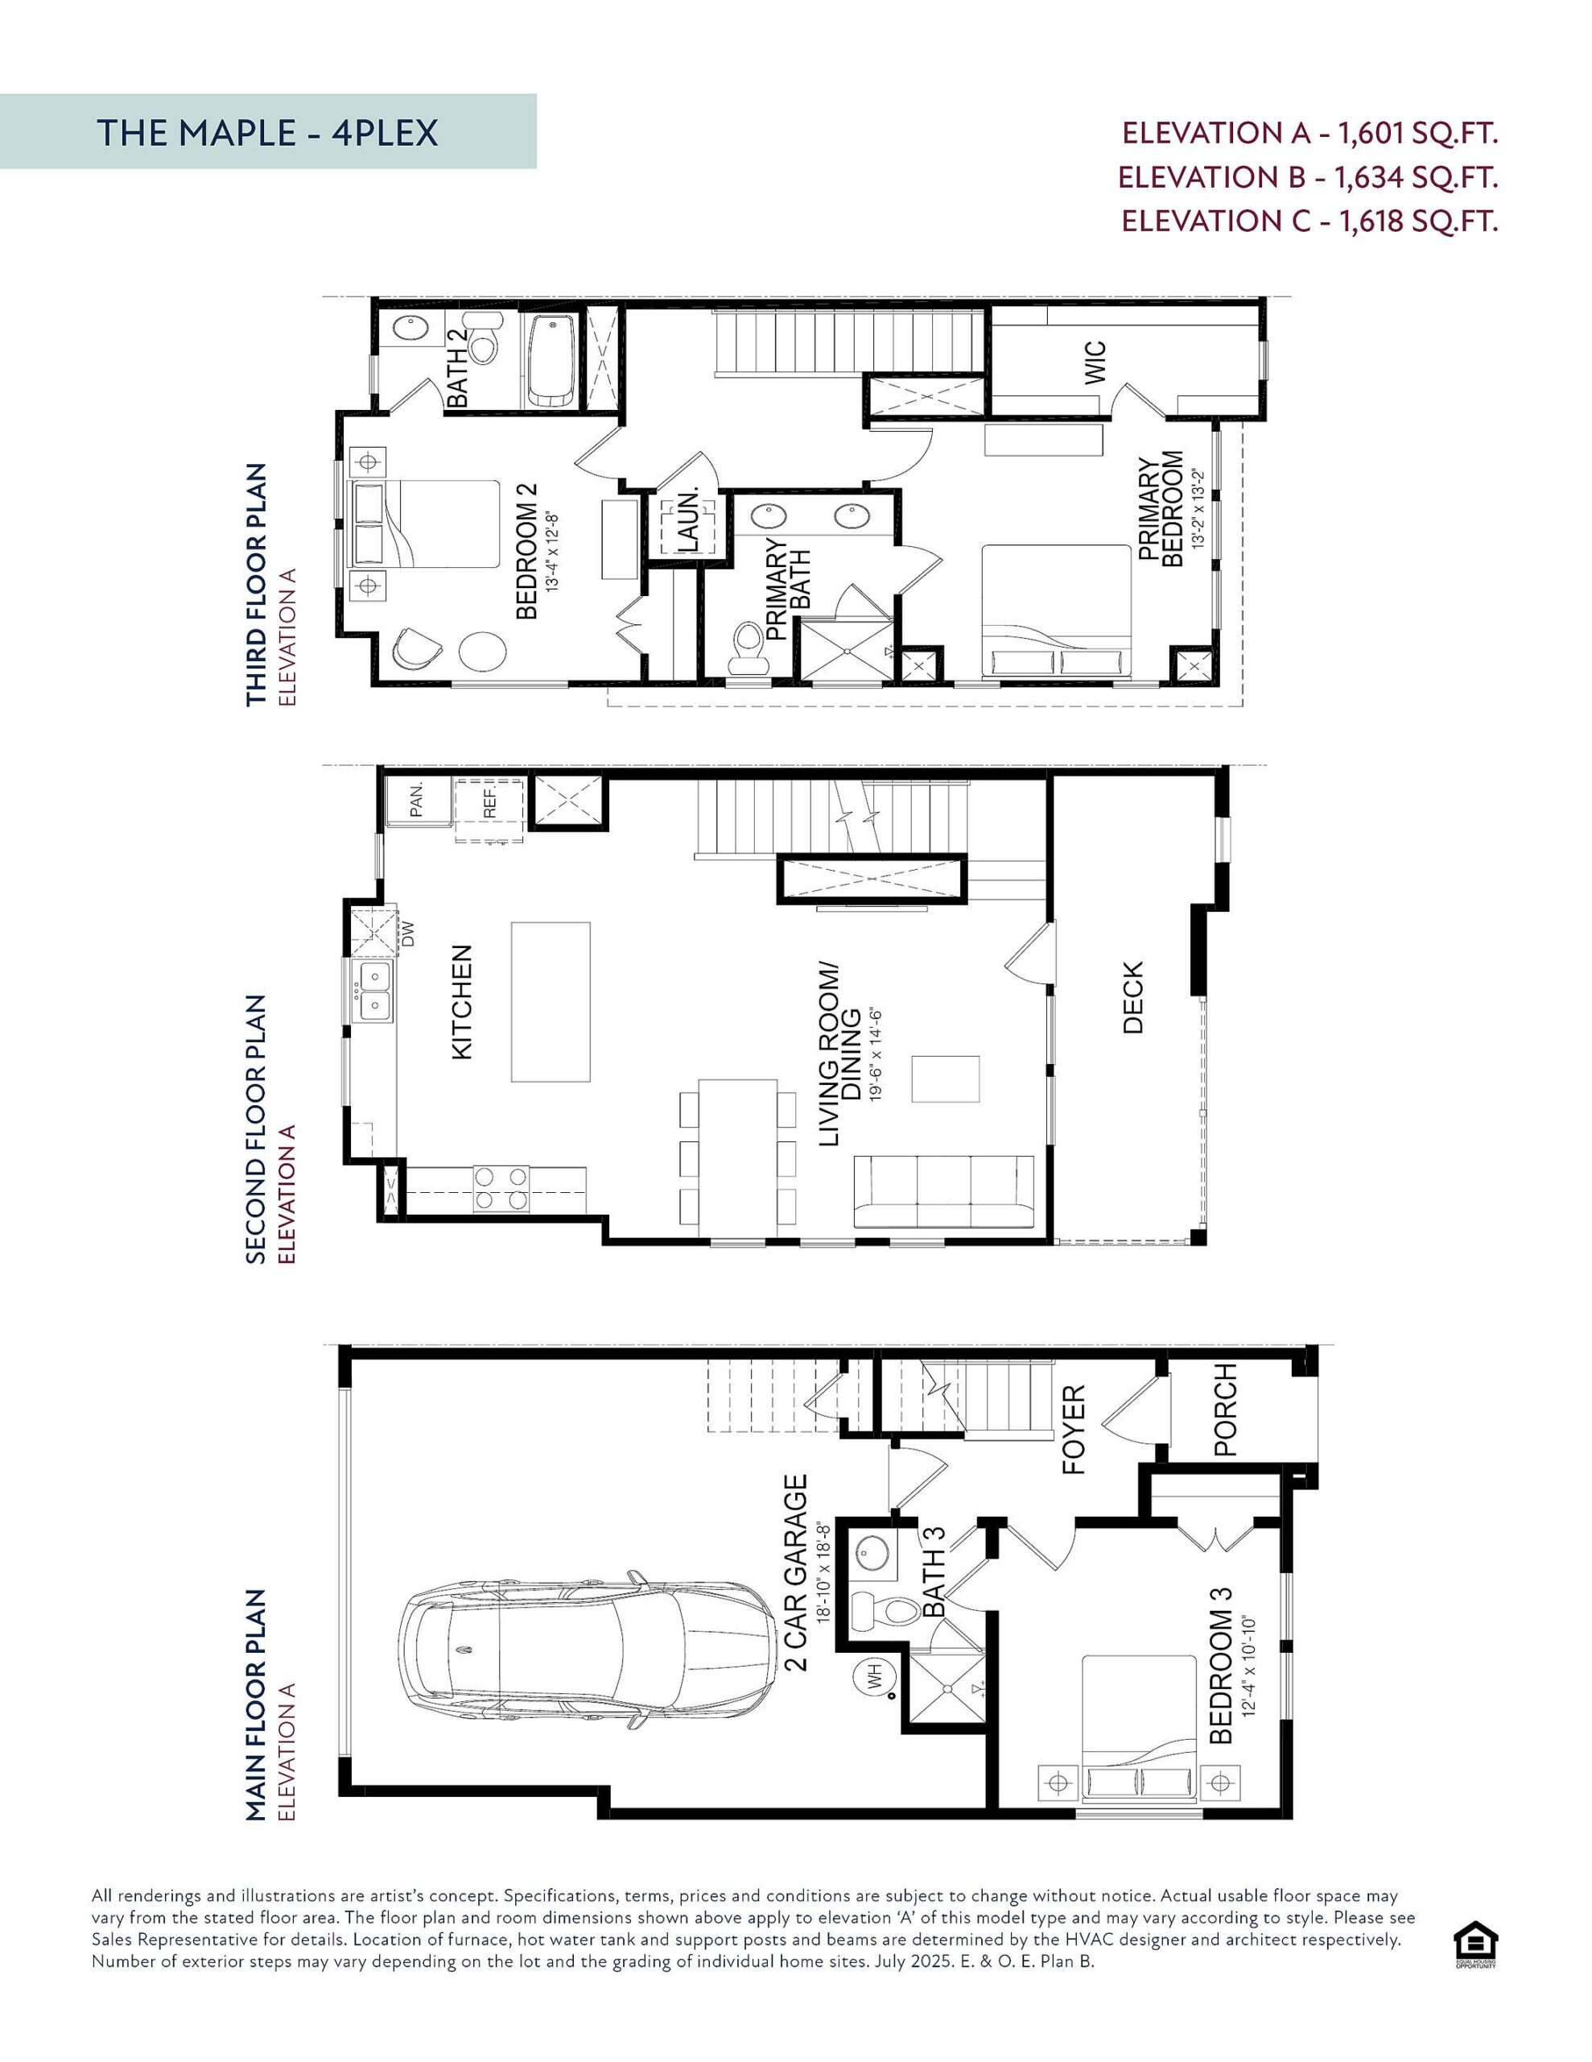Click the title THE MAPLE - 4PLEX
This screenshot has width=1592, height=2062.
267,133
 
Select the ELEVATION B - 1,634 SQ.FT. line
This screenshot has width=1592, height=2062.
1307,177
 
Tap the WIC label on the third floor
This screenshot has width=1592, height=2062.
1095,362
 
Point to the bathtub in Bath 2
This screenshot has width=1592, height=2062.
551,360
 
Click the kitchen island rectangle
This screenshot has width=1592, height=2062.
551,1002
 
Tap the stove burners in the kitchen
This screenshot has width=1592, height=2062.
501,1188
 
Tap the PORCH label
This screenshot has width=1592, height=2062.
1224,1410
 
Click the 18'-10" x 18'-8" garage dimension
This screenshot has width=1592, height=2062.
823,1572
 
